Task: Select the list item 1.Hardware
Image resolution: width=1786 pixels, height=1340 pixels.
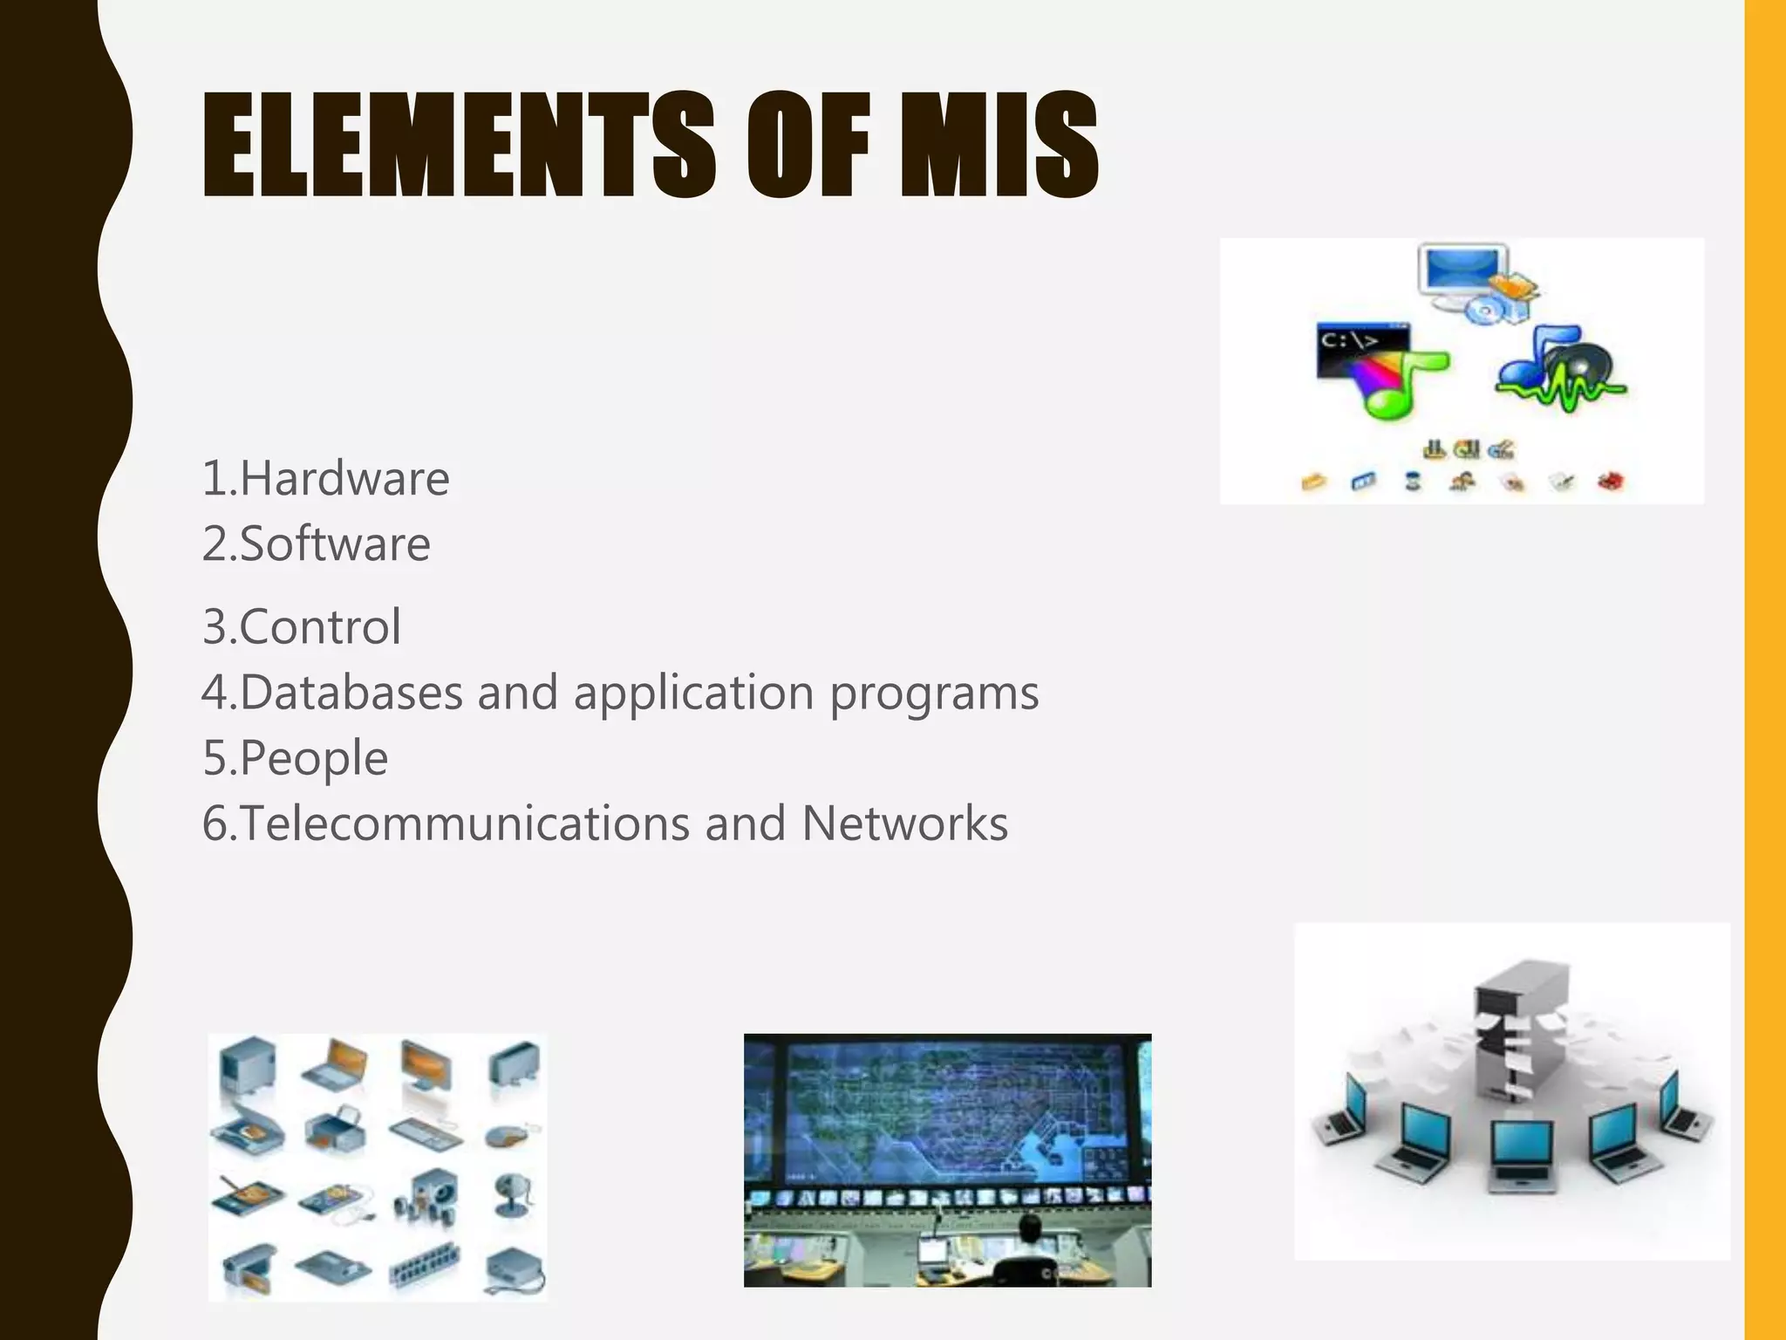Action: tap(325, 478)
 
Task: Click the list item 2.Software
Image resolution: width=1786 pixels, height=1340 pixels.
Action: tap(316, 544)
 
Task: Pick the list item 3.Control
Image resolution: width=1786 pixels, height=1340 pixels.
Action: tap(301, 626)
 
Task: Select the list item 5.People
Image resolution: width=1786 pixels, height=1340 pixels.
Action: tap(295, 757)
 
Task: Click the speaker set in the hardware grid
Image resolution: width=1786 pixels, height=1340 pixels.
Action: tap(427, 1195)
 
